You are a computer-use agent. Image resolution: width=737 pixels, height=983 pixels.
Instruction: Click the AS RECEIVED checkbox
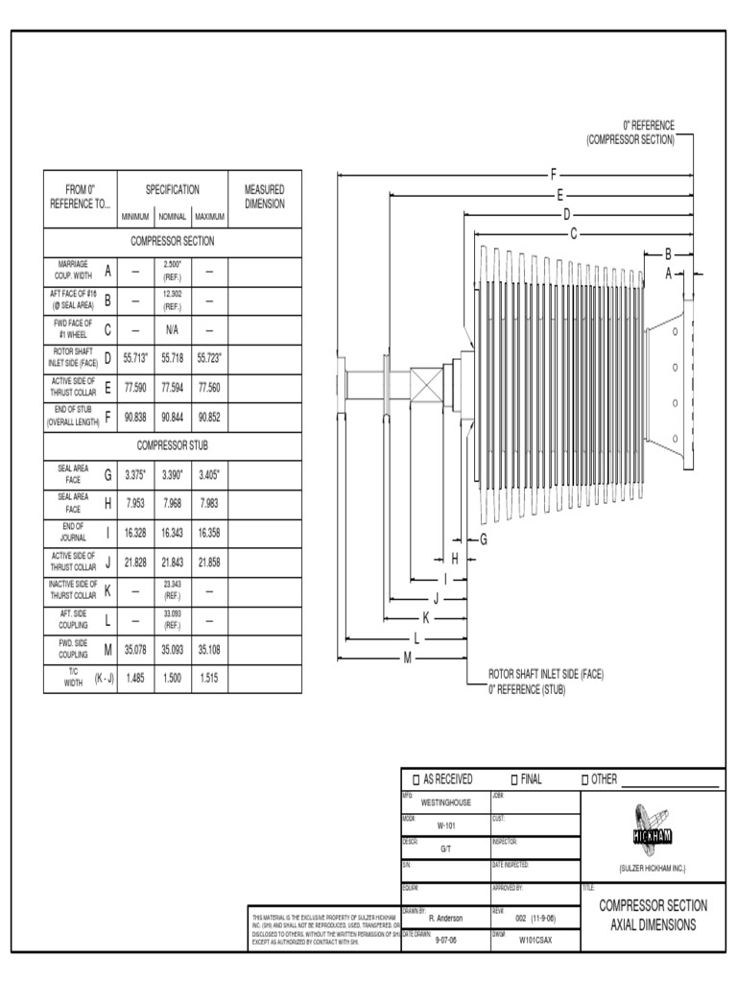[416, 779]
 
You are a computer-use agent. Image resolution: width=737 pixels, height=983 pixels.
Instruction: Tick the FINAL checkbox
[514, 779]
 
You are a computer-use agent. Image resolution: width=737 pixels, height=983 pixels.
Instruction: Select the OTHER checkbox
[585, 779]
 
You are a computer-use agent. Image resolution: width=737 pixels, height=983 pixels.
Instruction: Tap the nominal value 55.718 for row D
[173, 357]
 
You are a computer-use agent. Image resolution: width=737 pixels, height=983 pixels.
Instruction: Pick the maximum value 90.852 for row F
[209, 417]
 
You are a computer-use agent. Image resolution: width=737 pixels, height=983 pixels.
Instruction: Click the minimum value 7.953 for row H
[135, 505]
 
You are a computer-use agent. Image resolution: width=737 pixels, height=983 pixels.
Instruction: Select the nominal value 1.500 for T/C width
[173, 678]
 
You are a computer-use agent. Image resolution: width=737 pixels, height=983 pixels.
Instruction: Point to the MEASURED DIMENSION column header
[265, 197]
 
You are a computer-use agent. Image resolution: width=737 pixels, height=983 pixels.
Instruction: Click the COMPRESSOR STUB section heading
[173, 445]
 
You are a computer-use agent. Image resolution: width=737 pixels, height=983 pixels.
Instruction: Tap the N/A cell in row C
[173, 329]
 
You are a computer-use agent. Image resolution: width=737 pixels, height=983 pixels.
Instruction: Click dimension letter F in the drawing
[554, 175]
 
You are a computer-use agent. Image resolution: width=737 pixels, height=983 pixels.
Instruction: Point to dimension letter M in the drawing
[408, 658]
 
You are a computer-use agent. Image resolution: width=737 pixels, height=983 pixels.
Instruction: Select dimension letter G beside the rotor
[484, 539]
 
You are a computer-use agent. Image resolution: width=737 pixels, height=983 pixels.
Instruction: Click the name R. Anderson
[445, 918]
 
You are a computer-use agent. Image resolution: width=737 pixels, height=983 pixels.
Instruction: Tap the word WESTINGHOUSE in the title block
[446, 803]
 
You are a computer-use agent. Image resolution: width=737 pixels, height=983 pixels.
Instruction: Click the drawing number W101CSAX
[535, 941]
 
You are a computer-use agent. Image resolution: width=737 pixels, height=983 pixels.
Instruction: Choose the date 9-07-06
[445, 941]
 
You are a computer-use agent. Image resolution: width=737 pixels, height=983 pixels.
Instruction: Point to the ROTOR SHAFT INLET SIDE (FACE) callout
[546, 674]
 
